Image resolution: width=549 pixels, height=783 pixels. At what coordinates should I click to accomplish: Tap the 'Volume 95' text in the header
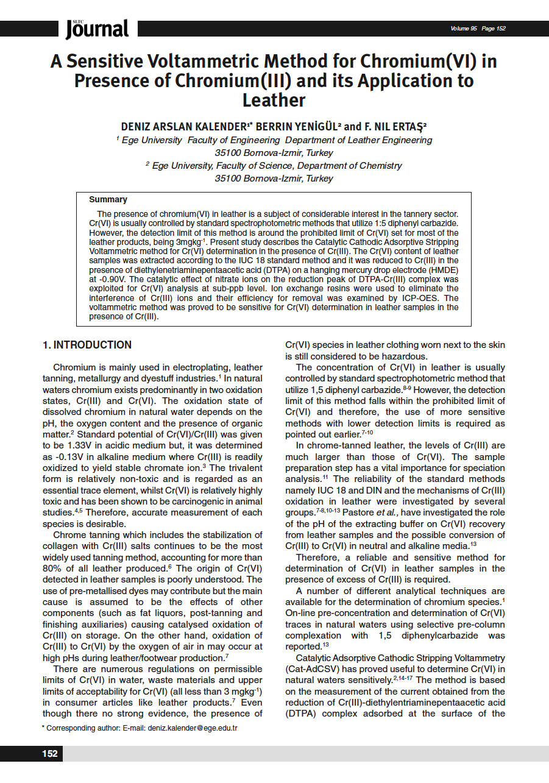464,29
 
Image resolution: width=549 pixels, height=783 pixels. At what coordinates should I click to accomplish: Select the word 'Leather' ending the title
274,100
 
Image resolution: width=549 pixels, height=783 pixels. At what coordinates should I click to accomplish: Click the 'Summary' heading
108,199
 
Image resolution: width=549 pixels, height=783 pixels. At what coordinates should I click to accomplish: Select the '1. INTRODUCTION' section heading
87,345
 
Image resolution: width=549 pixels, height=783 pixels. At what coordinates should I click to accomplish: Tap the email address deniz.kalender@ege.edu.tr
193,728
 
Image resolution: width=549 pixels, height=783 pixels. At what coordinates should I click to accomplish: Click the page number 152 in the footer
50,754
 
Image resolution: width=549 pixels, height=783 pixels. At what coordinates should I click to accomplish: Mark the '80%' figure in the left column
52,568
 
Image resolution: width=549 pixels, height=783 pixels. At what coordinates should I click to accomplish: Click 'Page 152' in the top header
494,29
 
